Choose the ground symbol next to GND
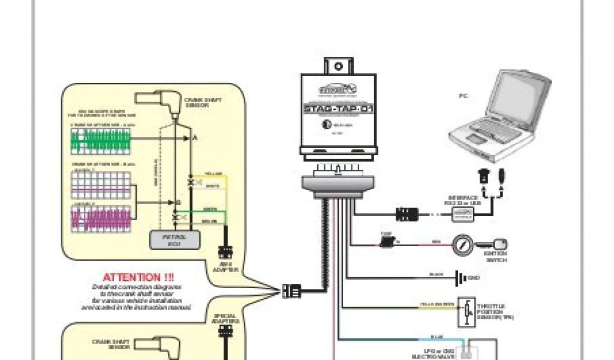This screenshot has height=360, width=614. click(460, 278)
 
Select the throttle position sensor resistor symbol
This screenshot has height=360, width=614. click(465, 312)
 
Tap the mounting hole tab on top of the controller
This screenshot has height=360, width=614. click(338, 65)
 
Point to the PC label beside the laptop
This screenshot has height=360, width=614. click(463, 95)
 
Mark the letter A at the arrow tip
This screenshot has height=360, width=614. click(194, 137)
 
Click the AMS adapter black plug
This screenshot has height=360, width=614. click(227, 253)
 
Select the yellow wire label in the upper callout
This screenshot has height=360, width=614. click(213, 173)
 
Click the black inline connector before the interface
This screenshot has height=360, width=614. click(406, 213)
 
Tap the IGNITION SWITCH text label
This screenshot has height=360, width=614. click(495, 257)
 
